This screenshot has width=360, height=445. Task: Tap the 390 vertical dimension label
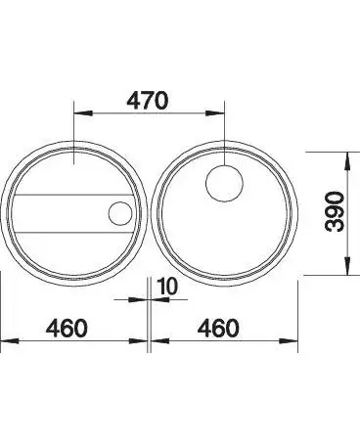pos(336,211)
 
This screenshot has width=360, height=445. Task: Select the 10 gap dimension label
pos(167,286)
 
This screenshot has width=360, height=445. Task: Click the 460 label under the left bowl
pos(67,328)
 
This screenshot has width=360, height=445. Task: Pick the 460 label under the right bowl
pos(218,328)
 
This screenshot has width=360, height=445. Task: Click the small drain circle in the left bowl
pos(120,213)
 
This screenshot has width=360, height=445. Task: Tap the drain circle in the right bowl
pos(224,183)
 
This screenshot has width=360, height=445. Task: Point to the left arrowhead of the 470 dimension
pos(83,113)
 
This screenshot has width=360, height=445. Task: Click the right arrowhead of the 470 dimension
pos(215,113)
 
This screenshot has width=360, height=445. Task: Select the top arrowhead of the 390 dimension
pos(347,161)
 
